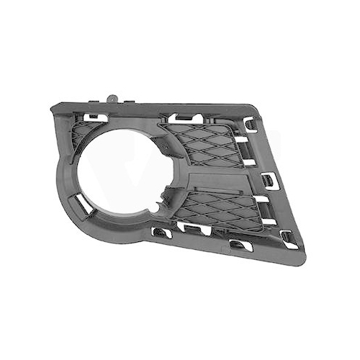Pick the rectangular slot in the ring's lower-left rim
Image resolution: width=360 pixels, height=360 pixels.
(x=84, y=204)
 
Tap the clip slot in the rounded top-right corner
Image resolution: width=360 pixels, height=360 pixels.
(x=250, y=124)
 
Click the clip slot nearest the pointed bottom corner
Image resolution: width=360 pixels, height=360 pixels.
(x=289, y=238)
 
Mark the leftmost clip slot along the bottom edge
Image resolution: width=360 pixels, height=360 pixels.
(x=163, y=232)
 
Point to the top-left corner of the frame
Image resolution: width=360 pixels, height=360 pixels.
(x=55, y=108)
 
